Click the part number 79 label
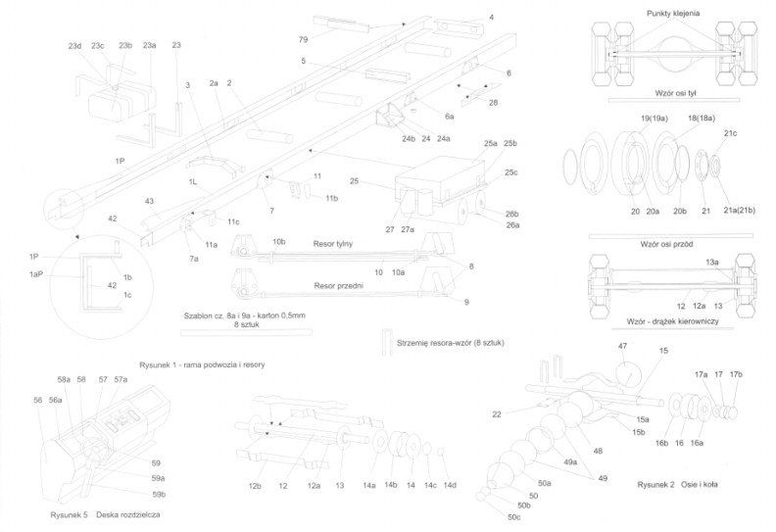coord(303,39)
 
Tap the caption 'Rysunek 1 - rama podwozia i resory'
coord(202,364)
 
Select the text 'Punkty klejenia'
coord(673,14)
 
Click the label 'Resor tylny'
coord(332,244)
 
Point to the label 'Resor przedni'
coord(338,285)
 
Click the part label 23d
coord(74,46)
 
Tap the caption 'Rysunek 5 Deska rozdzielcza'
coord(105,514)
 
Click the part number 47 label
coord(622,347)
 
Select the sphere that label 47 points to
coord(626,374)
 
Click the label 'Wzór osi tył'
coord(675,93)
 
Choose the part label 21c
coord(730,133)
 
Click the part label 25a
coord(491,143)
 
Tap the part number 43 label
coord(150,201)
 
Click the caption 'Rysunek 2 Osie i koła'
coord(677,485)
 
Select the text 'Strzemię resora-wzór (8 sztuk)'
coord(451,343)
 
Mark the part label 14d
coord(450,486)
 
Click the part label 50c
coord(513,517)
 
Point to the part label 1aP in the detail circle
coord(36,274)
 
